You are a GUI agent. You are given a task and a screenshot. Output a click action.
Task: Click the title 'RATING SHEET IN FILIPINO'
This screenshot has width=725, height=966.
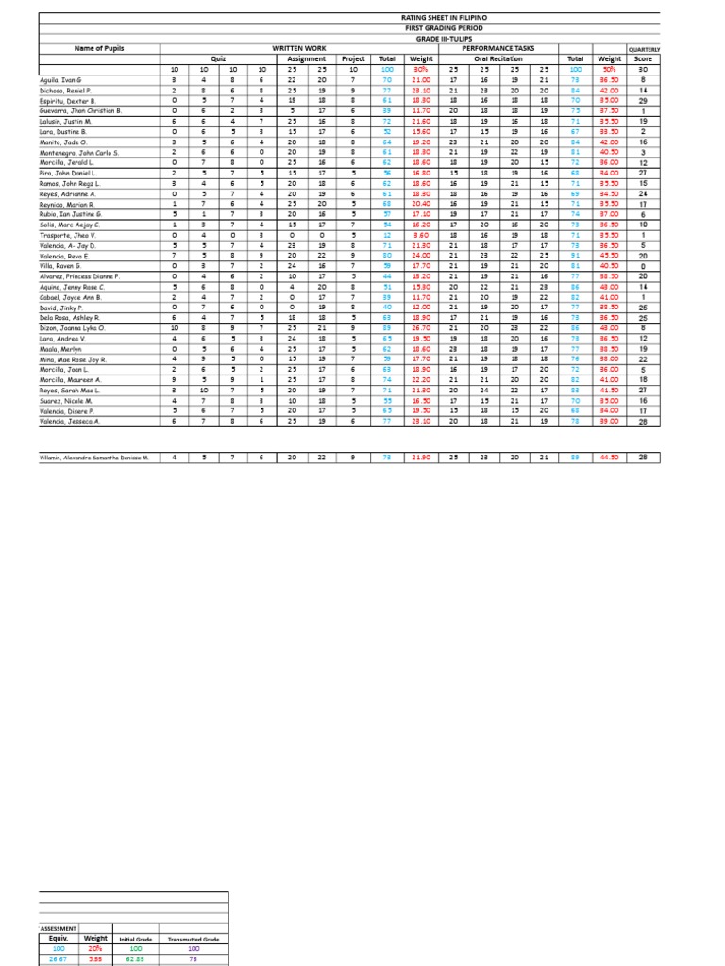pyautogui.click(x=437, y=18)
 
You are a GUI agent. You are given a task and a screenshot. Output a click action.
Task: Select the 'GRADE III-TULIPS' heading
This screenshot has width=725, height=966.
pyautogui.click(x=437, y=38)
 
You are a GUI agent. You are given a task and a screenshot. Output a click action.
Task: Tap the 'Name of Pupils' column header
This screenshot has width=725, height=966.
pyautogui.click(x=99, y=48)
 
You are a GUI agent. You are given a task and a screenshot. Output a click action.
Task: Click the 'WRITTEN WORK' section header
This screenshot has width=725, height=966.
pyautogui.click(x=300, y=48)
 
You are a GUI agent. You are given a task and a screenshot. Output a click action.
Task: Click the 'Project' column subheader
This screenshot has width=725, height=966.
pyautogui.click(x=353, y=58)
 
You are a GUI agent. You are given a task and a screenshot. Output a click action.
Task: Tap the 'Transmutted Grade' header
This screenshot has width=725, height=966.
pyautogui.click(x=194, y=940)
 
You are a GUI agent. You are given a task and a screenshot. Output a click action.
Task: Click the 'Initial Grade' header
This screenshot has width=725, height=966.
pyautogui.click(x=135, y=940)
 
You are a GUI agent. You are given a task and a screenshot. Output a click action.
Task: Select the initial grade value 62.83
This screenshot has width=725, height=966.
pyautogui.click(x=135, y=959)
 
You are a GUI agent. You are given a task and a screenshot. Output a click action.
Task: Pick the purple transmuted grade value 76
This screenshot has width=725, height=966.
pyautogui.click(x=194, y=959)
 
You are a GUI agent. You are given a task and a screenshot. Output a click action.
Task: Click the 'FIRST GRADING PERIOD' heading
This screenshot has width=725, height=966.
pyautogui.click(x=437, y=28)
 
